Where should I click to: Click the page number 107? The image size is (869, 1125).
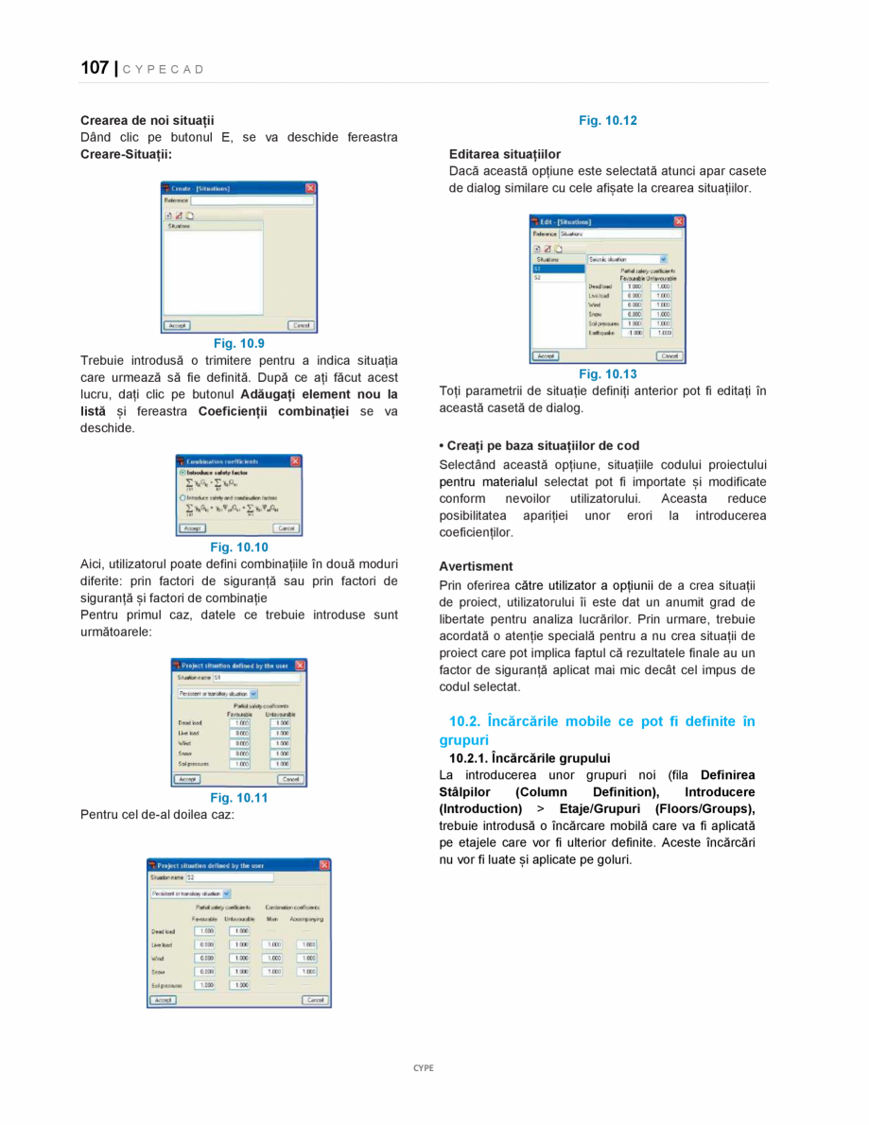pos(95,67)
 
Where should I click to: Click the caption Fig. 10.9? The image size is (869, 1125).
pos(238,343)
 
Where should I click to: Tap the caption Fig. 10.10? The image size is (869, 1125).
pos(238,546)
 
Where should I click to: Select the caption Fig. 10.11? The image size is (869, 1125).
pos(238,797)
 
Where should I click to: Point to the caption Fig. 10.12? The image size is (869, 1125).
pos(607,120)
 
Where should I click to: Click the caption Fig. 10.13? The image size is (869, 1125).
pos(607,373)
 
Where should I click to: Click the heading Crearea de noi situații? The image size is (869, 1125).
pos(147,120)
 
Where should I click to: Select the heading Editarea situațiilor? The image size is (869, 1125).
pos(504,154)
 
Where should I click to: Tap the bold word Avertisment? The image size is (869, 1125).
pos(476,566)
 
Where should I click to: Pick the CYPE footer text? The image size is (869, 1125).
pos(423,1067)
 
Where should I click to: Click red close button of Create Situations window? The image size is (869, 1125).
pos(310,188)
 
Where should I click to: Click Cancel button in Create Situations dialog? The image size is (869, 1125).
pos(300,325)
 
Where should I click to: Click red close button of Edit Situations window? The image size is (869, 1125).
pos(678,221)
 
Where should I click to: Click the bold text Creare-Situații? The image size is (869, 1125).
pos(126,154)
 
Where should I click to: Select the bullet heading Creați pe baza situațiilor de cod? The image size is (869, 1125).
pos(539,445)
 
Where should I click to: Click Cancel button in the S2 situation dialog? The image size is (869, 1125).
pos(316,999)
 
